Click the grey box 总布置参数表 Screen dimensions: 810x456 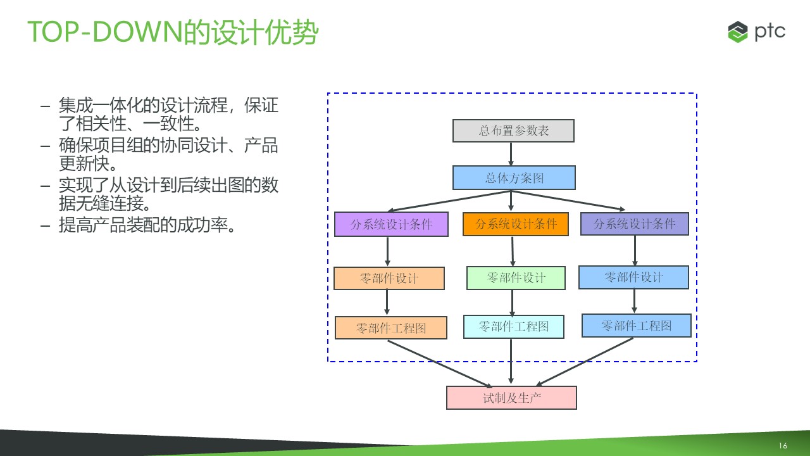513,130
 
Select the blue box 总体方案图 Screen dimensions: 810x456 514,178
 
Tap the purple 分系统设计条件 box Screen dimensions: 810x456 391,224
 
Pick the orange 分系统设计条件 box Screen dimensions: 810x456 516,224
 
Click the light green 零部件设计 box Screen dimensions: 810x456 516,278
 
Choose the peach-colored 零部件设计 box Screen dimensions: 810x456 389,278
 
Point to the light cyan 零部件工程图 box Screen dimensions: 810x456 514,327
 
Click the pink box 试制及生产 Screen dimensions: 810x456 512,398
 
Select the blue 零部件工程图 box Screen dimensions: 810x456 637,326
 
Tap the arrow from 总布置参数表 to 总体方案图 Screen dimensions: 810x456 511,154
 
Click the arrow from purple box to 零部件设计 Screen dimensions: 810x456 388,251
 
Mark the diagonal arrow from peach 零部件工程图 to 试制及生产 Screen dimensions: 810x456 440,364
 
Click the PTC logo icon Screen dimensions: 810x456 738,32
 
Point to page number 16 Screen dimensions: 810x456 783,445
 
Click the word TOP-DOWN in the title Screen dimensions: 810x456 106,32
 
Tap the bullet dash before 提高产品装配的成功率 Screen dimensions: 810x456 45,226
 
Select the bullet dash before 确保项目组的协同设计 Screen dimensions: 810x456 45,146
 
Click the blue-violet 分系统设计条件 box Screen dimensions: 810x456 635,224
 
